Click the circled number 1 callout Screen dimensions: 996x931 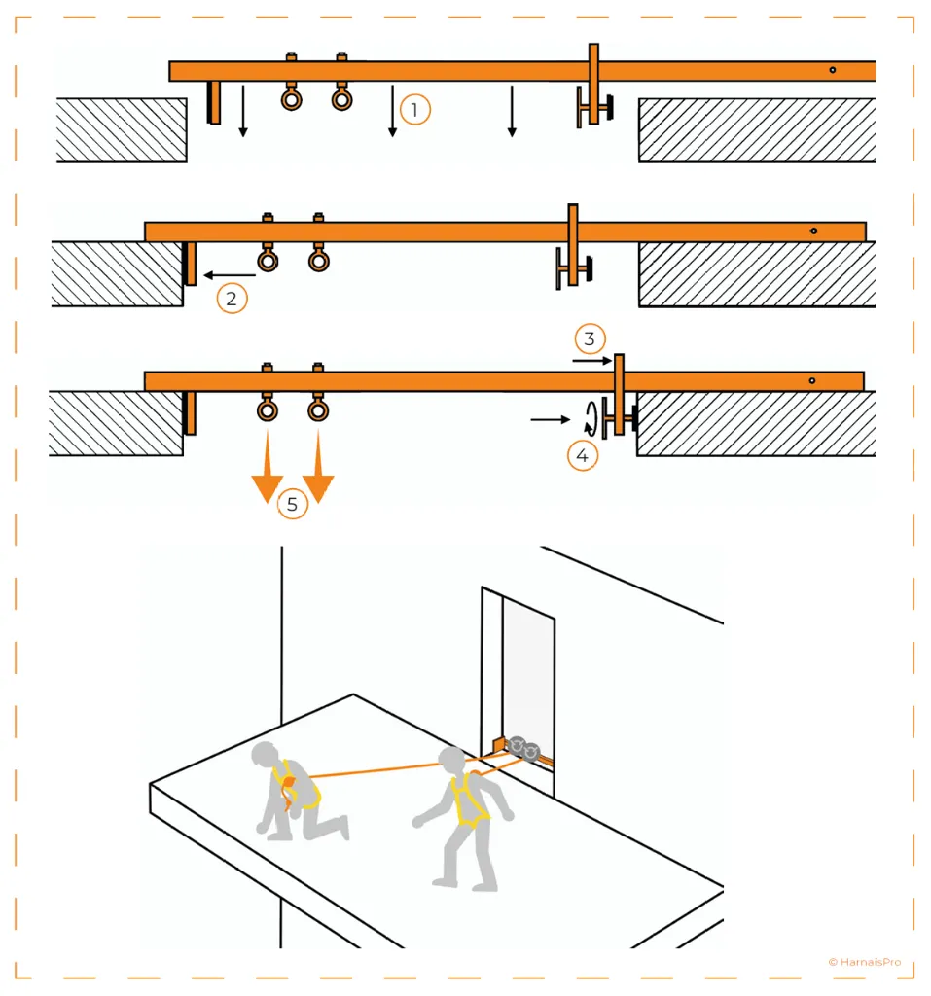(x=414, y=110)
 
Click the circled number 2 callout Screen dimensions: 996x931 (x=232, y=298)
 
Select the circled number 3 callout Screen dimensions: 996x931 (x=590, y=338)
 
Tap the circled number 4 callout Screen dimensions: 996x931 (x=582, y=455)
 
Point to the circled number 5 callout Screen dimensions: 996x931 (x=292, y=504)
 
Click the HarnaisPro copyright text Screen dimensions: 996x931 (x=864, y=962)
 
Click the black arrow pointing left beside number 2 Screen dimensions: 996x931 (x=222, y=275)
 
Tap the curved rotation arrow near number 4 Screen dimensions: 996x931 (x=589, y=418)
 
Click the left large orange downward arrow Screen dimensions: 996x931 (x=266, y=476)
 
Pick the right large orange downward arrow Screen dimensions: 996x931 (x=318, y=476)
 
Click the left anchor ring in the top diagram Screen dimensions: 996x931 (x=291, y=98)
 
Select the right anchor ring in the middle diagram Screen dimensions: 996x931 (x=318, y=260)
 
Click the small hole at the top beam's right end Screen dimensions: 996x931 (x=833, y=70)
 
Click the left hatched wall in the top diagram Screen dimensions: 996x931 (x=122, y=129)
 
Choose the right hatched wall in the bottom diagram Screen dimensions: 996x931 (x=755, y=423)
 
